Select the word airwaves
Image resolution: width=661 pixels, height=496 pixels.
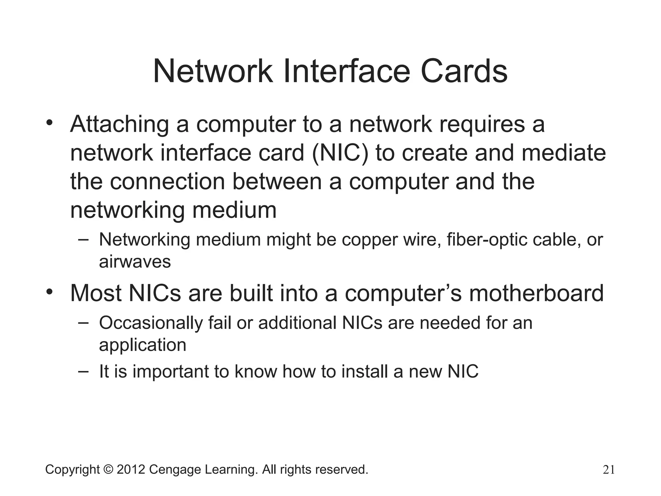[135, 261]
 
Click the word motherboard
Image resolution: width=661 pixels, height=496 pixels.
[536, 293]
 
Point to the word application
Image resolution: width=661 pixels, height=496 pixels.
[142, 345]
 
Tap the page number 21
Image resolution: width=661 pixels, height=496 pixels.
[608, 470]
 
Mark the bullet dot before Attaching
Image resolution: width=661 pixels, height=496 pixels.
[49, 123]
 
